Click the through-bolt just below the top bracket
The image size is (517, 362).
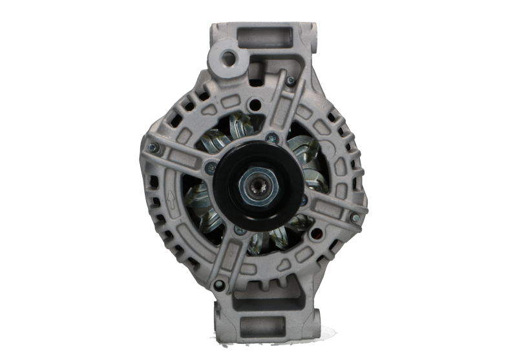pyautogui.click(x=290, y=81)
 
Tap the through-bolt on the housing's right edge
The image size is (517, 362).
pyautogui.click(x=355, y=221)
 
